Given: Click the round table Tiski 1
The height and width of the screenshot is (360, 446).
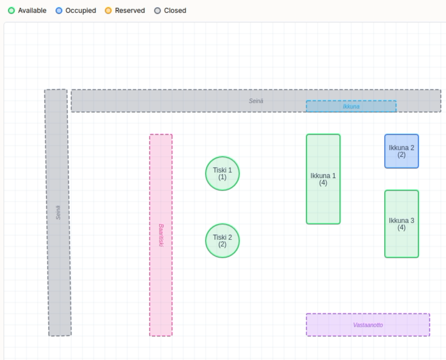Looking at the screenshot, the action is (223, 173).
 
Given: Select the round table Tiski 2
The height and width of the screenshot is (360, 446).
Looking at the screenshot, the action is (223, 241).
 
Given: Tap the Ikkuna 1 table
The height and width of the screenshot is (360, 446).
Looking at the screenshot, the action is (323, 179).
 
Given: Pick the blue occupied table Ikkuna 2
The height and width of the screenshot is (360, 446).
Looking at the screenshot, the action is (401, 151).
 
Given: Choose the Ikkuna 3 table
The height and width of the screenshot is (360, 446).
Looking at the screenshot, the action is (401, 224).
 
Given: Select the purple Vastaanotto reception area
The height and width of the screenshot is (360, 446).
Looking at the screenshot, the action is (368, 325).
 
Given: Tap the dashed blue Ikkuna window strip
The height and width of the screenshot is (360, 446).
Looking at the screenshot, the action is (351, 106).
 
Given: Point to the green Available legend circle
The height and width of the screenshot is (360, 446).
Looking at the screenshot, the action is (11, 11).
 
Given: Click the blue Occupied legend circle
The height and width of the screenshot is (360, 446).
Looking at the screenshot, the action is (59, 11).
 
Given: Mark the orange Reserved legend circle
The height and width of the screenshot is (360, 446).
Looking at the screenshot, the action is (108, 11).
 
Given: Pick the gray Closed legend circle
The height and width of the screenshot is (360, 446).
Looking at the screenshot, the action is (157, 11).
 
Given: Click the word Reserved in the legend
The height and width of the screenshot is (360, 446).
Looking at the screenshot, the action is (130, 11).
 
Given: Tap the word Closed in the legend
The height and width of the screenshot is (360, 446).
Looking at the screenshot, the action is (175, 11).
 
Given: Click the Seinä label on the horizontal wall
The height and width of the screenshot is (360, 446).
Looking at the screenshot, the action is (256, 101).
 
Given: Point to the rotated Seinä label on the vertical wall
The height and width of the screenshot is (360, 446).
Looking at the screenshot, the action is (58, 212).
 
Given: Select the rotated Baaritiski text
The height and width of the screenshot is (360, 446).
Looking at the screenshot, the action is (161, 235).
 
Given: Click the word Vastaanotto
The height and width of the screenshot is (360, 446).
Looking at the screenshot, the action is (368, 325).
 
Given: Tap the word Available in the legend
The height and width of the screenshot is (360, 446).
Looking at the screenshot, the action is (32, 11).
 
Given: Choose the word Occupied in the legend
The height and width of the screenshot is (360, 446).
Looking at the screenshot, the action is (81, 11).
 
